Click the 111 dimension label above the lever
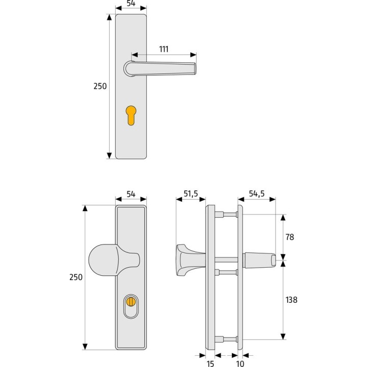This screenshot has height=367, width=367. pos(164,49)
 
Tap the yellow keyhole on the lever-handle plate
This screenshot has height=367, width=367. pos(131,115)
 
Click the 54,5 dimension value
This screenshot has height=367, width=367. pos(257,194)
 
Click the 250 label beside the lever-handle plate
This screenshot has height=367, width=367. pos(100,87)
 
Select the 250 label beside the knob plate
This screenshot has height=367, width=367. pos(75,277)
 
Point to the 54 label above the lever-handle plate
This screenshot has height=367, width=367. pos(131,4)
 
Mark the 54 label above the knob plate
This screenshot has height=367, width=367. pos(131,194)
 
